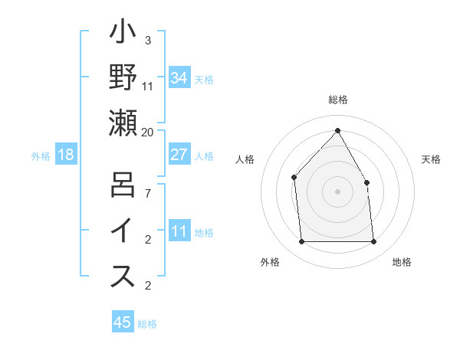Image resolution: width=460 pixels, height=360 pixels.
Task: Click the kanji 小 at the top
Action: [x=123, y=34]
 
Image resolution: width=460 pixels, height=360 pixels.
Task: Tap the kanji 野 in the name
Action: [x=123, y=77]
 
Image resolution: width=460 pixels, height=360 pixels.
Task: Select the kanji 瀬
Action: [x=123, y=123]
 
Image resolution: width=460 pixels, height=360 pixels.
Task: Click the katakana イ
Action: [x=123, y=232]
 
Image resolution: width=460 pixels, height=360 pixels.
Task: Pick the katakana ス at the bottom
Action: [x=123, y=277]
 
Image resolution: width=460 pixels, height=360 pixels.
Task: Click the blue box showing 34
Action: [x=179, y=78]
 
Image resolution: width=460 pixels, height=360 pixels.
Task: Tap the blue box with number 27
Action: [x=179, y=155]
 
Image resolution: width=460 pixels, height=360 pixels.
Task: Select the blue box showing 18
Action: [x=66, y=155]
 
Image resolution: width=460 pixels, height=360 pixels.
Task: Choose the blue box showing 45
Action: [x=123, y=322]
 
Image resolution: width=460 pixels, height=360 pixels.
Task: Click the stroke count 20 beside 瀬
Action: [x=148, y=132]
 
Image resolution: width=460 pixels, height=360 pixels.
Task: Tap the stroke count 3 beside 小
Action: [x=148, y=41]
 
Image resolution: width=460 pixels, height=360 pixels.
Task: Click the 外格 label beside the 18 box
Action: [x=41, y=155]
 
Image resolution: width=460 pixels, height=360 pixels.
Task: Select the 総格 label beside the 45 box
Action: [x=147, y=323]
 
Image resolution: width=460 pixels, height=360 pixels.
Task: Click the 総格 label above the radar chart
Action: [x=337, y=100]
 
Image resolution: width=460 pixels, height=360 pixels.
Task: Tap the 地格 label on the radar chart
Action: [x=402, y=262]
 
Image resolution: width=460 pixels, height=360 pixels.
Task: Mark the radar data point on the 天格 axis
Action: [x=366, y=182]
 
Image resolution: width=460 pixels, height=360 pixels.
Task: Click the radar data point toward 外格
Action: [x=301, y=242]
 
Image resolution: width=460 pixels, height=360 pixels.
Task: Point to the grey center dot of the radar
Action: [x=337, y=191]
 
